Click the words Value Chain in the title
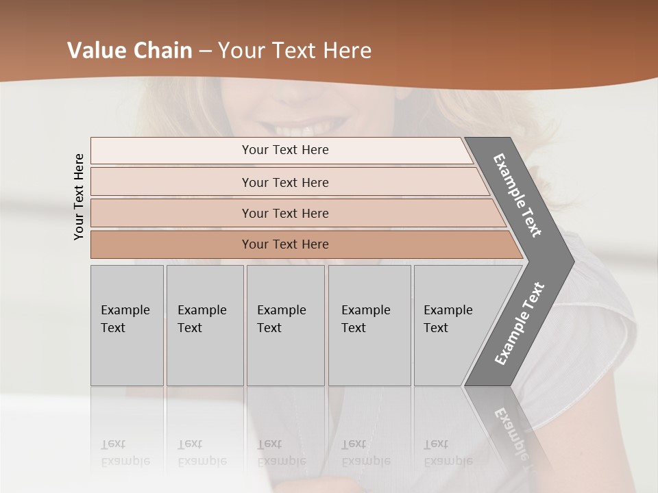(130, 51)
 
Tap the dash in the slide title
(205, 51)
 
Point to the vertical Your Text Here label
(79, 197)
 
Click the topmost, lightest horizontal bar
(284, 150)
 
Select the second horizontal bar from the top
(284, 182)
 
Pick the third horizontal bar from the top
(284, 213)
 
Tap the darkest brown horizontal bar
(284, 244)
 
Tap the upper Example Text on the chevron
(517, 195)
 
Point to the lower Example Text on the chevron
(519, 324)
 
